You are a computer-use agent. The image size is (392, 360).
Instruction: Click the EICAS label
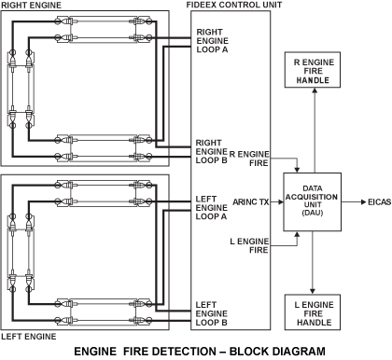(x=379, y=202)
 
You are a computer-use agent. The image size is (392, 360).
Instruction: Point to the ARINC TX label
(x=251, y=202)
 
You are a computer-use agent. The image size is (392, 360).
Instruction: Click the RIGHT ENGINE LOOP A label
(x=212, y=41)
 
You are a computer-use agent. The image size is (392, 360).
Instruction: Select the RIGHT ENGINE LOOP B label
(x=212, y=151)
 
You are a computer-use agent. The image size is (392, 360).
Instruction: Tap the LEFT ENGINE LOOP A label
(x=211, y=208)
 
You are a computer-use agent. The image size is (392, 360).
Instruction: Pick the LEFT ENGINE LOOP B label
(x=211, y=313)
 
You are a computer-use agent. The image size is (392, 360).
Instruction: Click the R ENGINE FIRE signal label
(x=249, y=159)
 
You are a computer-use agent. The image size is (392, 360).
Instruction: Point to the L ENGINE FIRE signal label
(x=249, y=245)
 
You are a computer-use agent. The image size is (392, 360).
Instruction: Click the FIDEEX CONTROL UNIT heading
(x=234, y=5)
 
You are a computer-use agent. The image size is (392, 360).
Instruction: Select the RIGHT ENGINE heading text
(x=31, y=5)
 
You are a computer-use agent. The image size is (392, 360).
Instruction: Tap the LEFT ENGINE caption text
(x=29, y=337)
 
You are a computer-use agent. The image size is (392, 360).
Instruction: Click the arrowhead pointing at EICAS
(x=363, y=202)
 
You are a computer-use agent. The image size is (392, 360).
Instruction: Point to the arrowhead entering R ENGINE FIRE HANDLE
(x=315, y=90)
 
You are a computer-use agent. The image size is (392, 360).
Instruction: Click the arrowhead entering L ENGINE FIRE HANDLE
(x=313, y=292)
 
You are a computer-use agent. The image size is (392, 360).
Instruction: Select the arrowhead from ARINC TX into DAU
(x=281, y=202)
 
